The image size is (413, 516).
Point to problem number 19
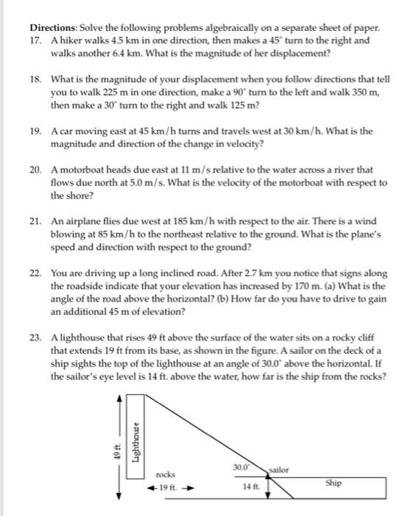pyautogui.click(x=37, y=130)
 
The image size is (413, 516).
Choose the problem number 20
pyautogui.click(x=37, y=170)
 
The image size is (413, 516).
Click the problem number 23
pyautogui.click(x=37, y=337)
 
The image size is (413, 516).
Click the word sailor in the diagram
pyautogui.click(x=279, y=469)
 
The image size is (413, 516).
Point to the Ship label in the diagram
pyautogui.click(x=333, y=484)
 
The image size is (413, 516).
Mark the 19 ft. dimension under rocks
pyautogui.click(x=167, y=487)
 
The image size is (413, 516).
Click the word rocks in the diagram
pyautogui.click(x=165, y=475)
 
